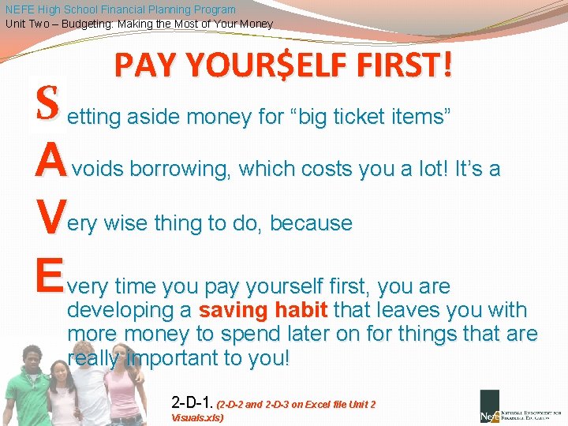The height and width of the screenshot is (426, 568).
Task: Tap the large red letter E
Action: [50, 275]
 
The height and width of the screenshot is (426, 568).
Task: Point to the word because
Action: [311, 223]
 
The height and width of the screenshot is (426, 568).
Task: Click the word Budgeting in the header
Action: [81, 24]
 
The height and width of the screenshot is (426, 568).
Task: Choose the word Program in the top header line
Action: [214, 9]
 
